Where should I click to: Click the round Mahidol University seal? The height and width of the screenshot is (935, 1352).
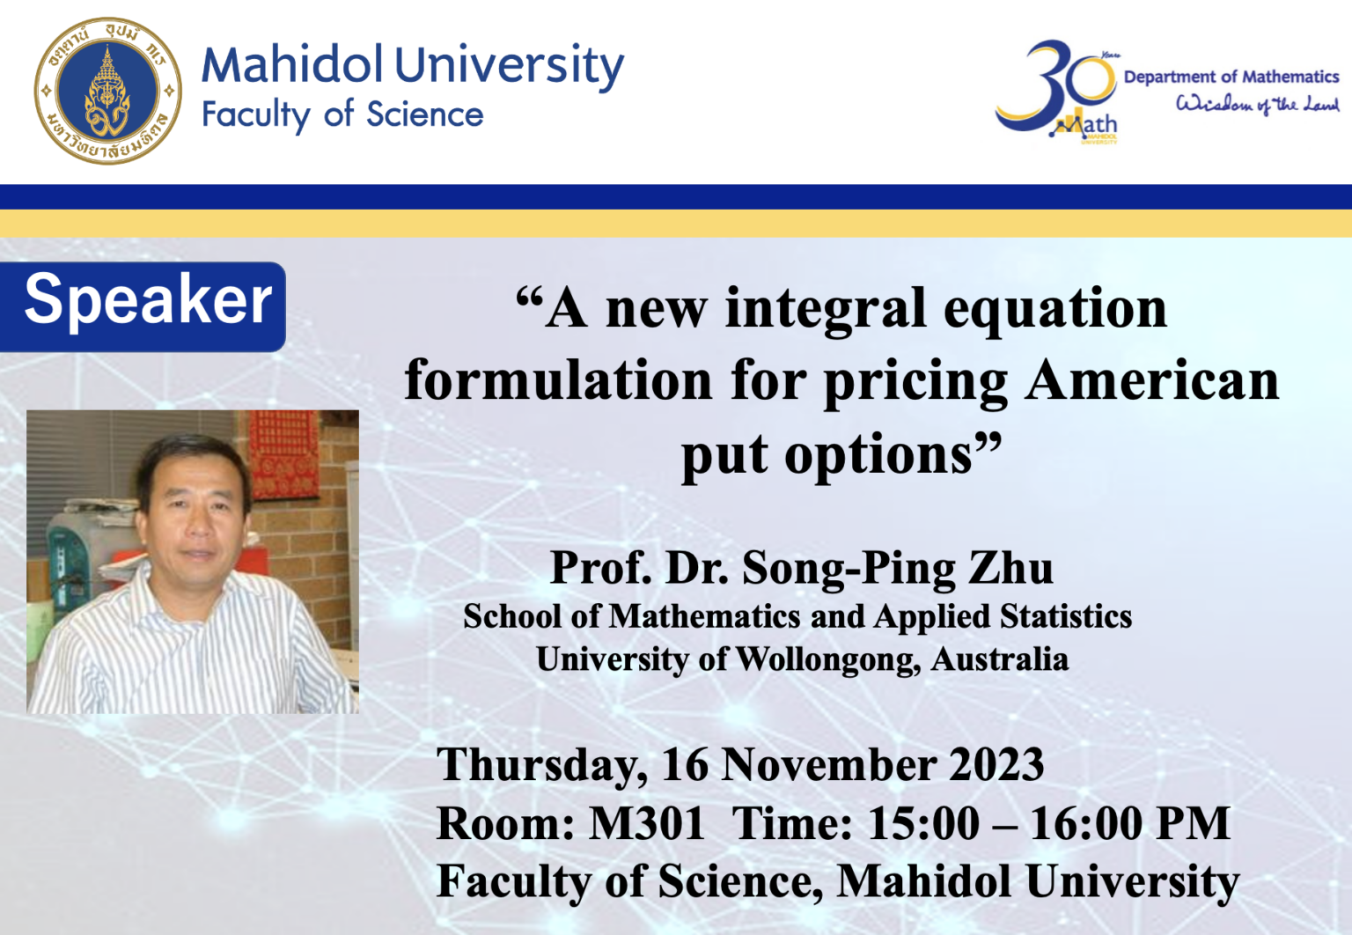[108, 91]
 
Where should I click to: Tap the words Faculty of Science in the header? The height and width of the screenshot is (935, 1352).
[342, 114]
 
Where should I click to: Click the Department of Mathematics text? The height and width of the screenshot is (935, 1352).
[1231, 77]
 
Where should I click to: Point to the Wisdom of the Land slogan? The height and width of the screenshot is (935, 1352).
[1257, 105]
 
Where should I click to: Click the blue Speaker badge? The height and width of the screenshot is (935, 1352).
[145, 302]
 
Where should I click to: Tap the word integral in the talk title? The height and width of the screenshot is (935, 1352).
[825, 309]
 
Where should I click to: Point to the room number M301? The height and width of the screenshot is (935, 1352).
[647, 824]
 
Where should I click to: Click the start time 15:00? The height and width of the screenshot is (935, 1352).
[923, 824]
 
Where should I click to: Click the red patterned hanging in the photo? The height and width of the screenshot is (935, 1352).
[283, 453]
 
